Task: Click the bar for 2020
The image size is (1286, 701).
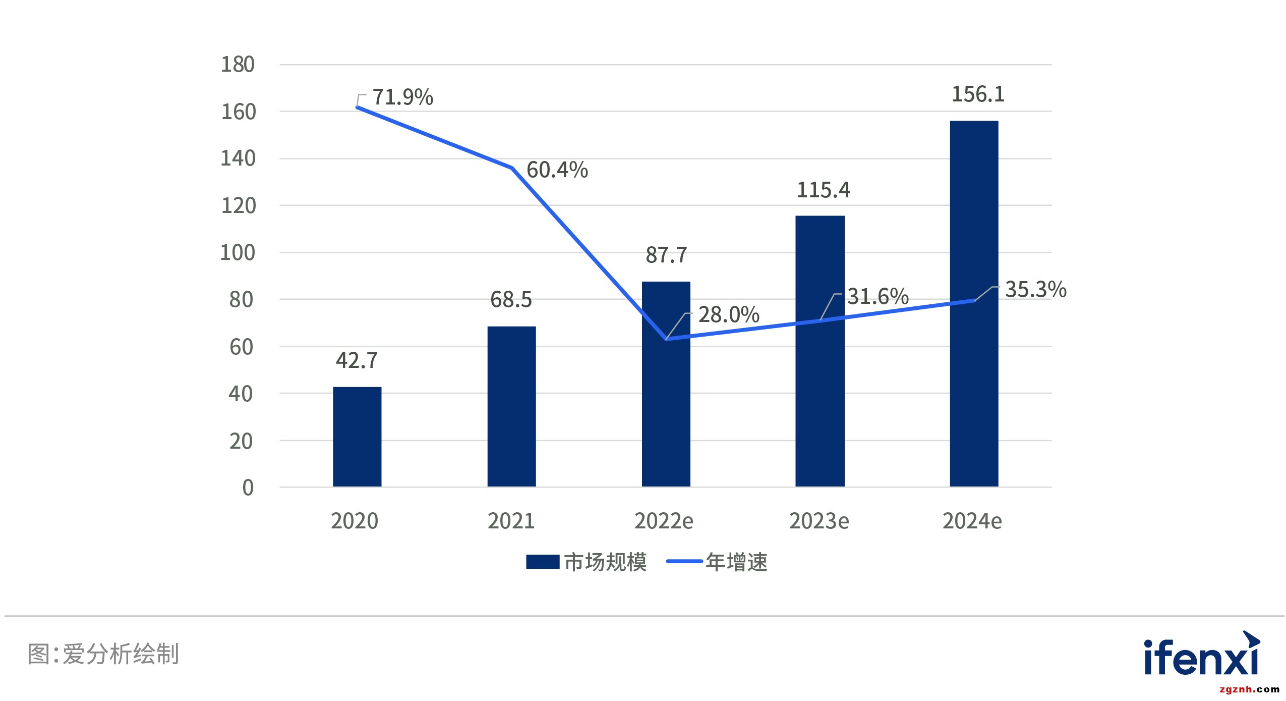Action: pos(357,437)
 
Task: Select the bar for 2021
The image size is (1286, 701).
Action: pos(511,406)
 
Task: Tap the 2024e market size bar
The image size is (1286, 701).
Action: pos(974,303)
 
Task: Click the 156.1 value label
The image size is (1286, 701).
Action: pos(978,94)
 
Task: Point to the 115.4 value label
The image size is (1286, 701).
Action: pos(823,190)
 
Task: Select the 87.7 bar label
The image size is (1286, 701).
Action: pos(666,255)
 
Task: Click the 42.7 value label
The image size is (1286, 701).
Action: pos(357,361)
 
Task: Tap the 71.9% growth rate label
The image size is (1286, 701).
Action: pos(402,97)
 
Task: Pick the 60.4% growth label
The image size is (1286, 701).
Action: pos(557,170)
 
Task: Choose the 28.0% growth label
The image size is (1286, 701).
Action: pos(729,315)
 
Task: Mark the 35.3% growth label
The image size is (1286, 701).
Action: pos(1036,290)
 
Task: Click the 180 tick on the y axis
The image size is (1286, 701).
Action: pos(238,65)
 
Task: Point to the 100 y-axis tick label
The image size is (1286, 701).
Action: pos(238,253)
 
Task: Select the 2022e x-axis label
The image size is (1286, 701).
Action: pos(664,521)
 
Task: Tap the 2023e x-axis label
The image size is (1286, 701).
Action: pos(819,521)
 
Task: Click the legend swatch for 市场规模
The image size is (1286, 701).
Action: pos(543,562)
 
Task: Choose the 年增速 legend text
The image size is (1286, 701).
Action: pos(736,562)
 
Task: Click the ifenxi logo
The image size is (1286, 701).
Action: pos(1202,655)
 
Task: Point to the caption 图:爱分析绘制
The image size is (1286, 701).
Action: pos(103,654)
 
